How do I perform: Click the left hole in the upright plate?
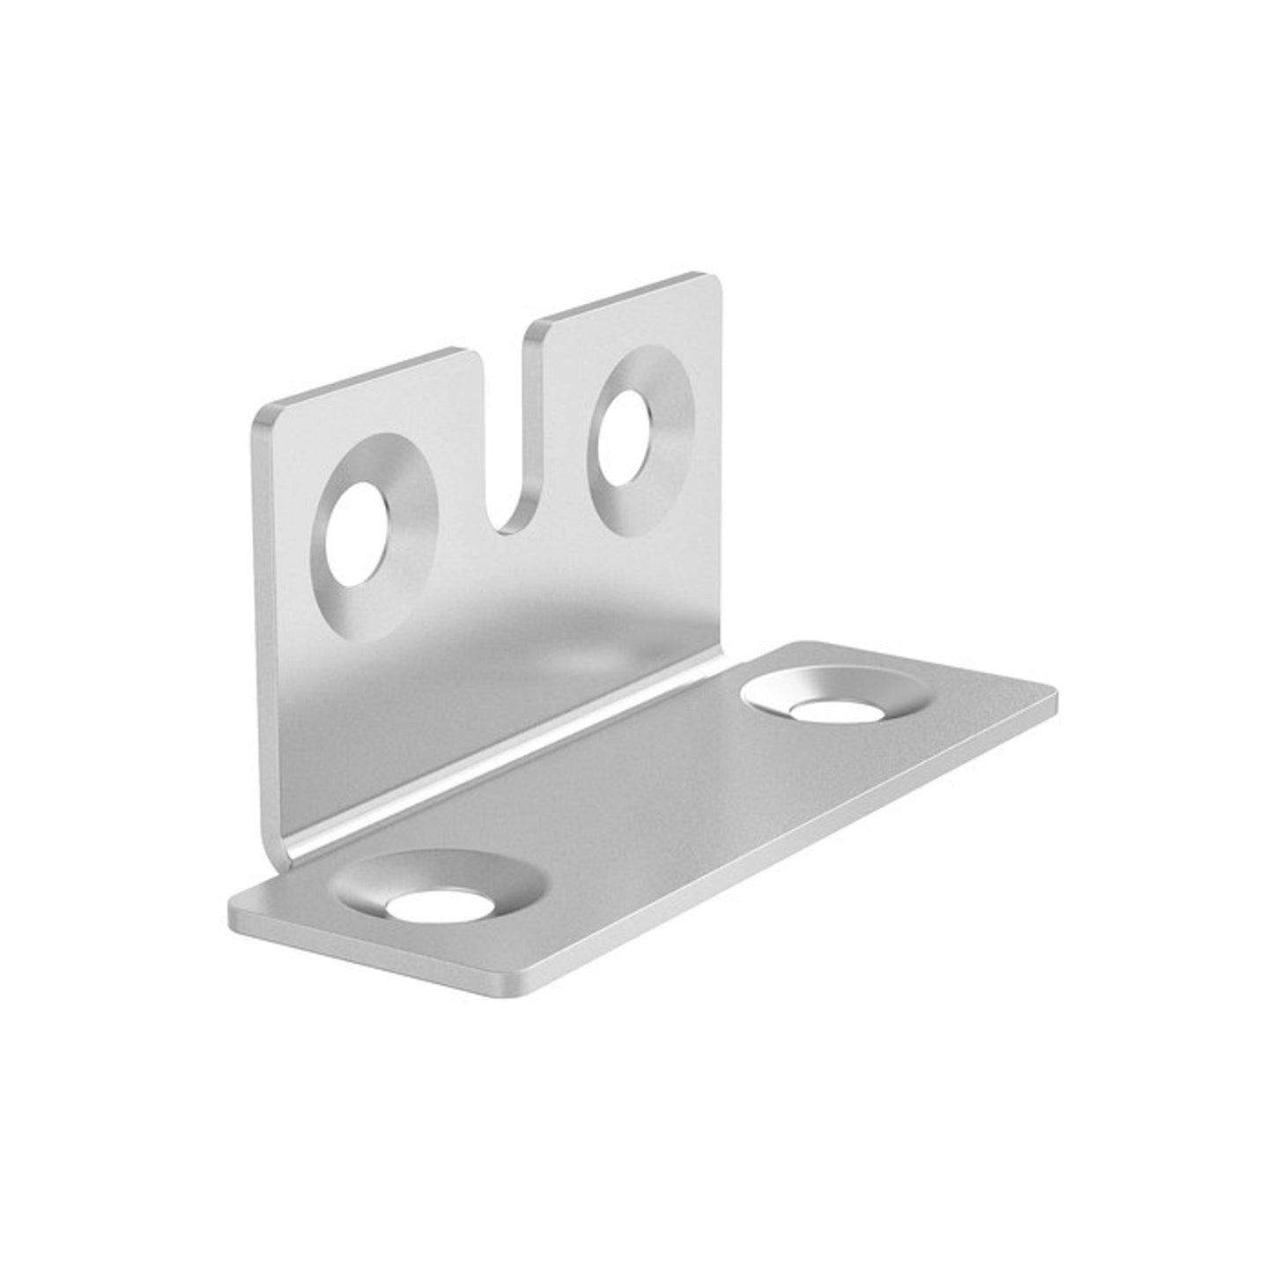(x=356, y=534)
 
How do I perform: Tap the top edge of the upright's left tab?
(x=370, y=379)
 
